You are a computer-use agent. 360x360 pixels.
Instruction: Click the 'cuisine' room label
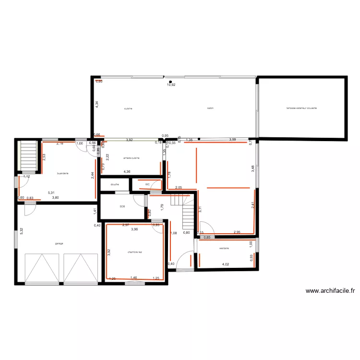[x=128, y=108]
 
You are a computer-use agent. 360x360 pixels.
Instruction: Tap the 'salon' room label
[x=210, y=108]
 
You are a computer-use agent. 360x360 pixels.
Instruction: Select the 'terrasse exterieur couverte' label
[x=301, y=108]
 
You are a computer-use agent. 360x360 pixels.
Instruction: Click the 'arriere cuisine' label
[x=131, y=158]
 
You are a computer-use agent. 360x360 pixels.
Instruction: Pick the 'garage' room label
[x=59, y=243]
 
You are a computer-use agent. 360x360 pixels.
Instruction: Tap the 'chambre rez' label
[x=135, y=252]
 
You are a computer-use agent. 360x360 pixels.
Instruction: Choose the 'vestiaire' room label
[x=224, y=248]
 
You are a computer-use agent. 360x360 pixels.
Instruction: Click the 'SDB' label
[x=122, y=207]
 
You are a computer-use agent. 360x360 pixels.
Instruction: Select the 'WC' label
[x=147, y=184]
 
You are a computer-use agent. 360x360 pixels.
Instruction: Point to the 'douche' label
[x=114, y=184]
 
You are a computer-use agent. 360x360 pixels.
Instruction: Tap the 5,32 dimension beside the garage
[x=21, y=231]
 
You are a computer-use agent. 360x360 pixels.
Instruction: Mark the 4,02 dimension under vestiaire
[x=225, y=264]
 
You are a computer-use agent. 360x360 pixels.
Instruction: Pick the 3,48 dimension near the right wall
[x=252, y=168]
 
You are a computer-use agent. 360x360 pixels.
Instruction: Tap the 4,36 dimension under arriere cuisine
[x=127, y=171]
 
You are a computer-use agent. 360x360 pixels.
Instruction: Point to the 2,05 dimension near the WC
[x=178, y=188]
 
